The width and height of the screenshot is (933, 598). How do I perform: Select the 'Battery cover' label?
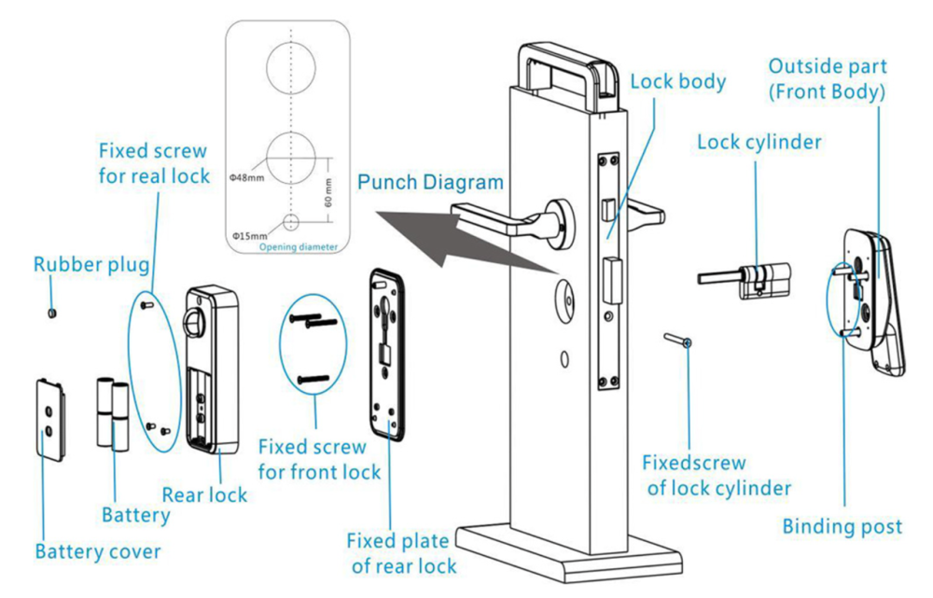(97, 551)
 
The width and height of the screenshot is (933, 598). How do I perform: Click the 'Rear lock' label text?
(204, 494)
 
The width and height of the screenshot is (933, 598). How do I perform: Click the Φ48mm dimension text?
(246, 174)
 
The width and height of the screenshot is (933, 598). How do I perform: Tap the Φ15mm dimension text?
(248, 236)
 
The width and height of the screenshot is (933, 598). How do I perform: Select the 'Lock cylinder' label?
(759, 143)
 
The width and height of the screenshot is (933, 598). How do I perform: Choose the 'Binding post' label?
(842, 527)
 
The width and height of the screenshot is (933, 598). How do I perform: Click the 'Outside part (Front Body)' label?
(827, 79)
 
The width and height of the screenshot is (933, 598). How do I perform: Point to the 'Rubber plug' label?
(91, 264)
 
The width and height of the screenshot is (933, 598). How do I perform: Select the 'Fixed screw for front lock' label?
(319, 459)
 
